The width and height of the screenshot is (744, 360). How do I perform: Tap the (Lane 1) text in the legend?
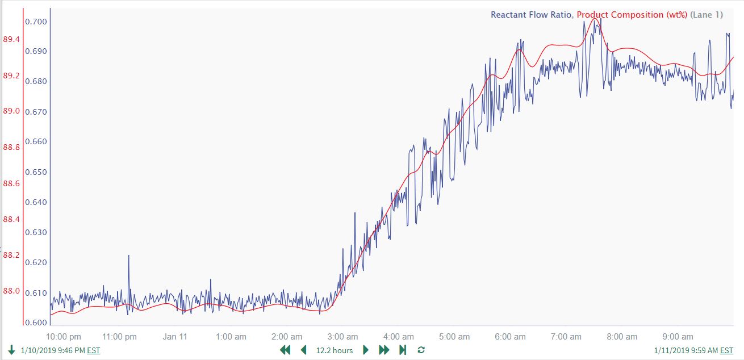707,15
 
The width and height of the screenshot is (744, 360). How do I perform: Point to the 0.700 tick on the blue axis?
35,22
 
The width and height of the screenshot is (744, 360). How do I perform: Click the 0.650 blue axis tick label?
35,172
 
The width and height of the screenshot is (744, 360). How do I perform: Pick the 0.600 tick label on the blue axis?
35,323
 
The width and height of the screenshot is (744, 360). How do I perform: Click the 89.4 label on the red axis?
11,39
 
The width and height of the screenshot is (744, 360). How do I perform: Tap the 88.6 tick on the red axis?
11,183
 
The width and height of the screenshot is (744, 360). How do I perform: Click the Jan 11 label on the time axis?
175,337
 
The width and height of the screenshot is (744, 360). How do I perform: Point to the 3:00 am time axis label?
343,337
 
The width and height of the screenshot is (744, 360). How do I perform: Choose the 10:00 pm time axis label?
64,337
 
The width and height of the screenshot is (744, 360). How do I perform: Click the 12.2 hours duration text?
335,350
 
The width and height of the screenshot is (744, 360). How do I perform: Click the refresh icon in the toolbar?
421,350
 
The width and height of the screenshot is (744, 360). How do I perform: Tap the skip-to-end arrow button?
403,350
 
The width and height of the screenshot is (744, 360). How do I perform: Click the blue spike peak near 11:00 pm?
128,256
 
